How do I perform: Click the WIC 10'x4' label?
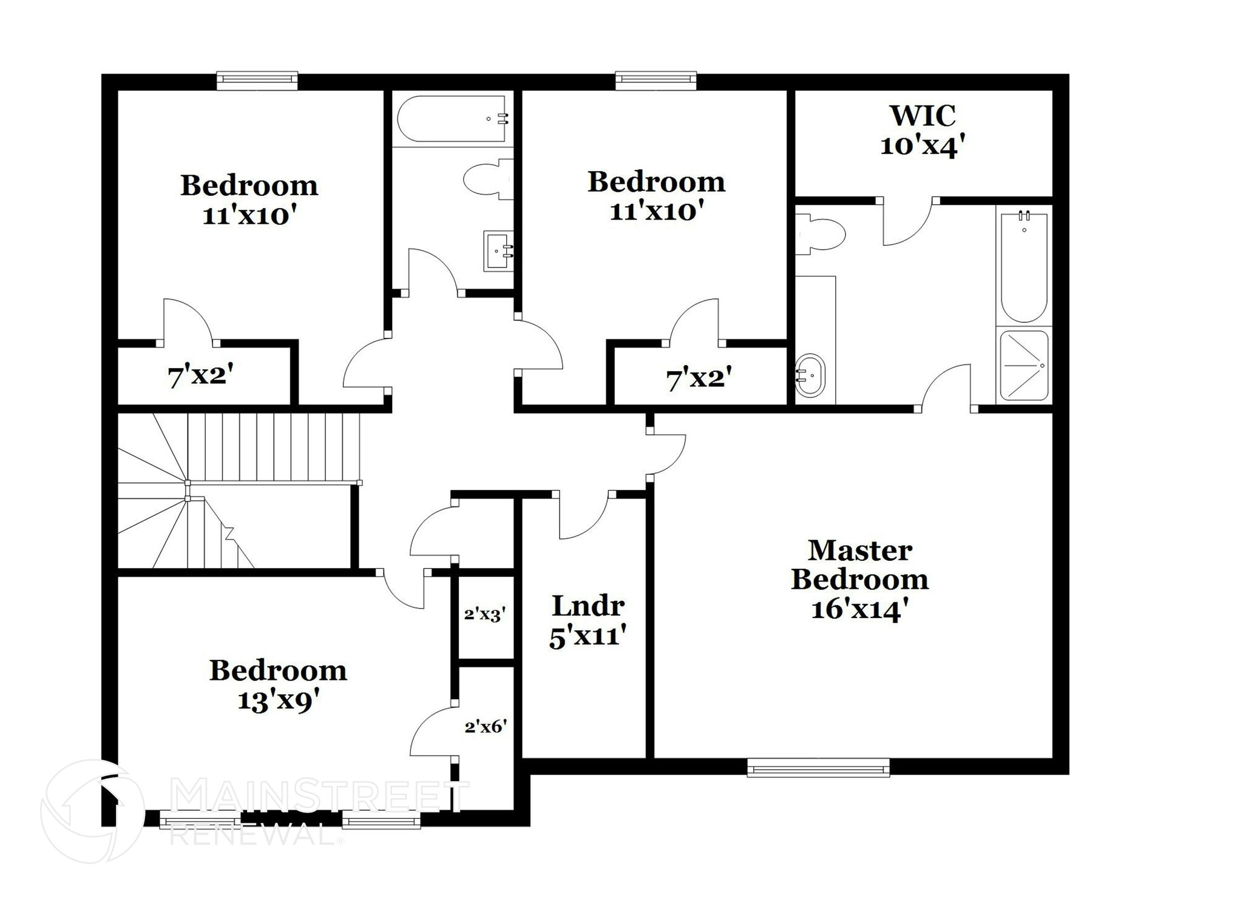(922, 131)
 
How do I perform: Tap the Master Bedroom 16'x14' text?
(859, 579)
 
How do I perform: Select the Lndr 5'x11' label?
(587, 621)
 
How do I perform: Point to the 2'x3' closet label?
(485, 614)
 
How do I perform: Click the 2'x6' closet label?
(486, 726)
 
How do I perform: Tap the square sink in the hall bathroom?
(498, 250)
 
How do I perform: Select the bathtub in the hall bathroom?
(452, 119)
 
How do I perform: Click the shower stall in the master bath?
(1023, 365)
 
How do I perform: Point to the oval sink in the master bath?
(810, 375)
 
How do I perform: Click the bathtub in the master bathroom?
(1023, 267)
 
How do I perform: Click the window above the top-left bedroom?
(257, 80)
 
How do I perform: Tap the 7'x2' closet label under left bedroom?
(200, 377)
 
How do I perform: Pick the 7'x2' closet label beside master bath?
(699, 379)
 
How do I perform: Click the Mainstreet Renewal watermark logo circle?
(92, 811)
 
